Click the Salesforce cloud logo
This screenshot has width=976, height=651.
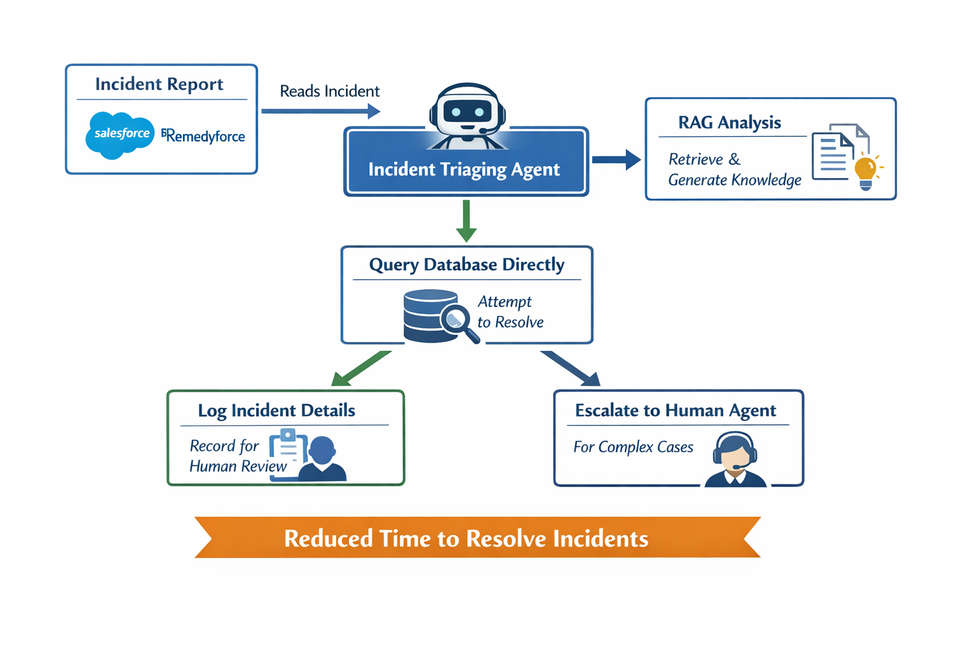(x=119, y=135)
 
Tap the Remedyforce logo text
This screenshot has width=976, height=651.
(x=203, y=136)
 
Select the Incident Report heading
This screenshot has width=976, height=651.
(x=159, y=85)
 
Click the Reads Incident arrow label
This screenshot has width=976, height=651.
(x=329, y=92)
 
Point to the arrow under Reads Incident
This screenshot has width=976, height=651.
(x=320, y=111)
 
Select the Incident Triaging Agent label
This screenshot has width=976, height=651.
(x=464, y=169)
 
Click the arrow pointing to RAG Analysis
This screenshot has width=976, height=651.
(x=616, y=160)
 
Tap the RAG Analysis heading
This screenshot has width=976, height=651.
(x=729, y=123)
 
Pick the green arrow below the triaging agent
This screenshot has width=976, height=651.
(x=466, y=221)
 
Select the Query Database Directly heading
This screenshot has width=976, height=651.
(x=466, y=264)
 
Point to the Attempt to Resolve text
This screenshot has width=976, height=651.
(x=510, y=312)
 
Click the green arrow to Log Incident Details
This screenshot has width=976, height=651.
(x=360, y=369)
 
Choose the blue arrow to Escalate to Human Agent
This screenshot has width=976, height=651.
(x=570, y=368)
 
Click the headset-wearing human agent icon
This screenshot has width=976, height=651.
(x=735, y=459)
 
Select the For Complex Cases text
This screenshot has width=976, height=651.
(x=633, y=447)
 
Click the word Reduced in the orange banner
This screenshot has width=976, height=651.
(x=328, y=538)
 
